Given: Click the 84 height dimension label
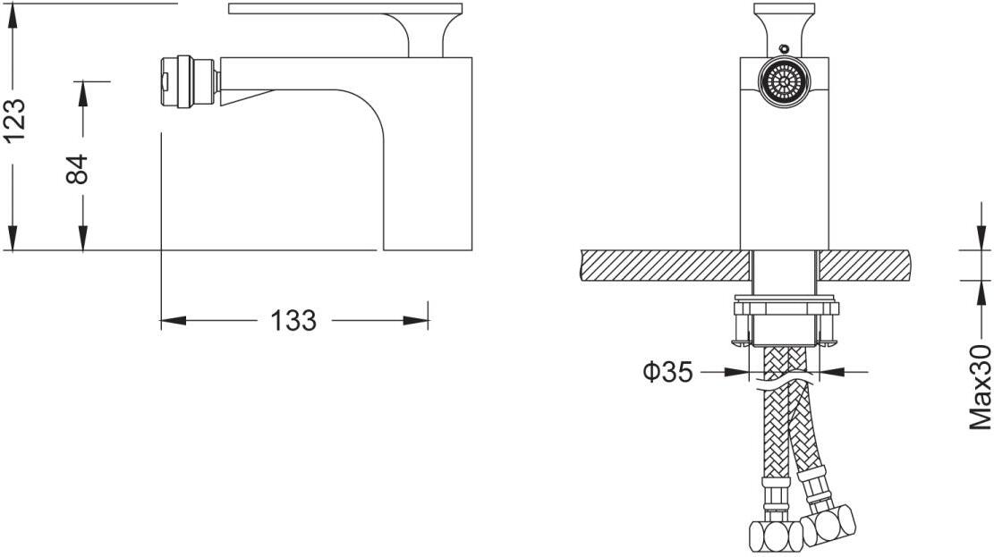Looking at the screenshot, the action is click(x=78, y=169).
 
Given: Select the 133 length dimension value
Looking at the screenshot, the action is click(x=293, y=321).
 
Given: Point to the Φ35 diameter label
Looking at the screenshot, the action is click(x=667, y=371).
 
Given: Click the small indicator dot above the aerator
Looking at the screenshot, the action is click(x=784, y=47).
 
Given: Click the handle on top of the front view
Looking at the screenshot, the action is click(x=784, y=25).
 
